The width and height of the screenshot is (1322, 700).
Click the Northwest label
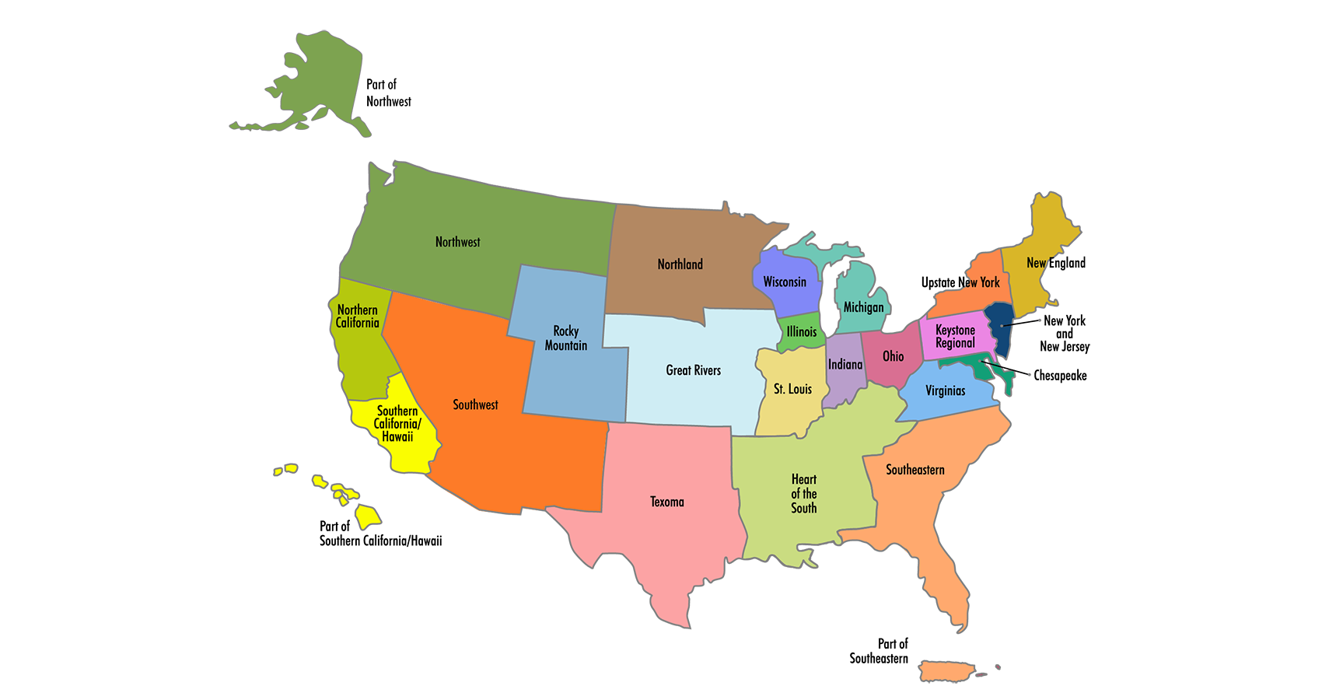pyautogui.click(x=457, y=242)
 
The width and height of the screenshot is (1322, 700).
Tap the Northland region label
pyautogui.click(x=680, y=264)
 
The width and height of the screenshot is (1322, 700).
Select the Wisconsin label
pyautogui.click(x=785, y=282)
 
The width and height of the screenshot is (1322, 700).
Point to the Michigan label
pyautogui.click(x=863, y=307)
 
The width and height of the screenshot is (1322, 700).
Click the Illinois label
pyautogui.click(x=802, y=332)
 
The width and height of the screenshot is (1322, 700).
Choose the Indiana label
pyautogui.click(x=845, y=365)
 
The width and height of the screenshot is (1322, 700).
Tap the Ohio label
pyautogui.click(x=893, y=356)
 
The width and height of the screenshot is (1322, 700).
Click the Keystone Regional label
pyautogui.click(x=955, y=337)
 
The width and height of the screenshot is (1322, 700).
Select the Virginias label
pyautogui.click(x=945, y=390)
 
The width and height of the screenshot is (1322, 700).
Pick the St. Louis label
pyautogui.click(x=792, y=389)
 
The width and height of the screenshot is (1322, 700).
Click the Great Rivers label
pyautogui.click(x=693, y=370)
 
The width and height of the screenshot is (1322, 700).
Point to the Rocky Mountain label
pyautogui.click(x=565, y=338)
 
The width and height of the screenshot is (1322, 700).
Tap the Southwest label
pyautogui.click(x=475, y=404)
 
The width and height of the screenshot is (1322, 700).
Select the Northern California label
pyautogui.click(x=357, y=317)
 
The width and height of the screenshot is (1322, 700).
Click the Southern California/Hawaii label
pyautogui.click(x=397, y=424)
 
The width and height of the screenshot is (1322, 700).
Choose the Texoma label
pyautogui.click(x=666, y=502)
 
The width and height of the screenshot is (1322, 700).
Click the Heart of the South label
pyautogui.click(x=803, y=494)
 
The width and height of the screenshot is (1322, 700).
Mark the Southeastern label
pyautogui.click(x=915, y=470)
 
